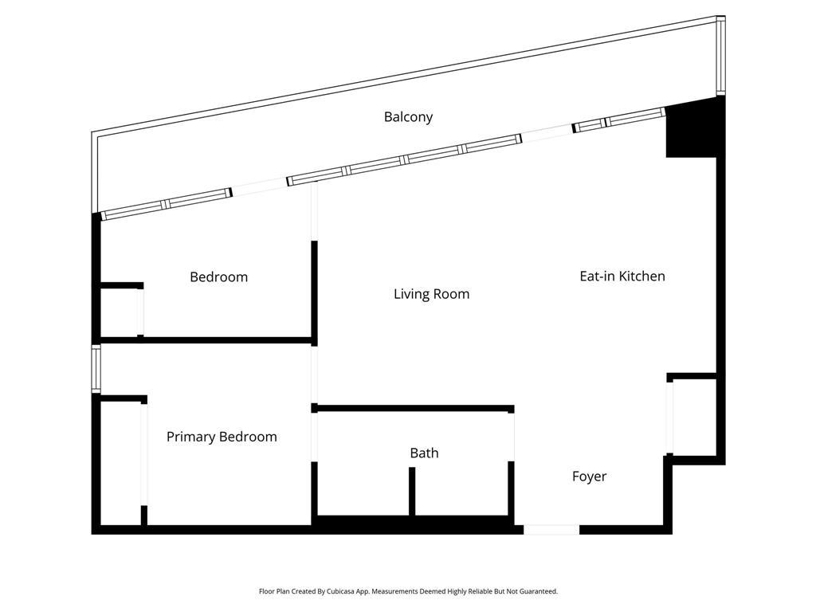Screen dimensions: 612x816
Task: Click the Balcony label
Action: [408, 117]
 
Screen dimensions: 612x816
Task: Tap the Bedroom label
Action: [218, 277]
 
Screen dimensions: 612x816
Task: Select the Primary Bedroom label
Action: [222, 437]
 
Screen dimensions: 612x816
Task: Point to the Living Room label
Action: [431, 294]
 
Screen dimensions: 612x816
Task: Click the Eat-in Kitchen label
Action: [622, 277]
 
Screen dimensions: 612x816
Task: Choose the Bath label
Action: [424, 453]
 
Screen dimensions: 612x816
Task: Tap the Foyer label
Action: [589, 477]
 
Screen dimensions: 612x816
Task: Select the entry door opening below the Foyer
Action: [551, 529]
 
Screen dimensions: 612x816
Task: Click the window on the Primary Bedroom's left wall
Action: [96, 368]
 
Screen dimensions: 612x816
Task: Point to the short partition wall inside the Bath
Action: [412, 491]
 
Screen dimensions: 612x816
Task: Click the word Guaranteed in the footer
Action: [539, 592]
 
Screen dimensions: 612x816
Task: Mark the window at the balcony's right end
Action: [720, 56]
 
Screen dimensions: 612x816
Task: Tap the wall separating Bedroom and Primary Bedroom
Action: [206, 341]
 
